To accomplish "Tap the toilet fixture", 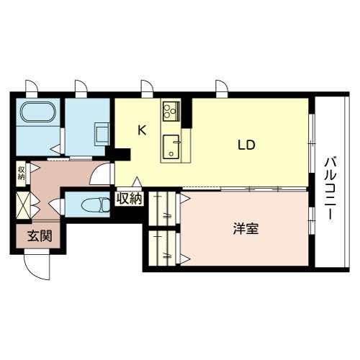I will pos(91,204).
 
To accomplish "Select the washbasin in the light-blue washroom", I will pos(101,132).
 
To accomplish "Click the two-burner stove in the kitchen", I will pos(172,111).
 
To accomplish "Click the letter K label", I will pos(142,130).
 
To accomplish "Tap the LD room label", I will pos(247,144).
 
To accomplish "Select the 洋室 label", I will pos(245,230).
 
